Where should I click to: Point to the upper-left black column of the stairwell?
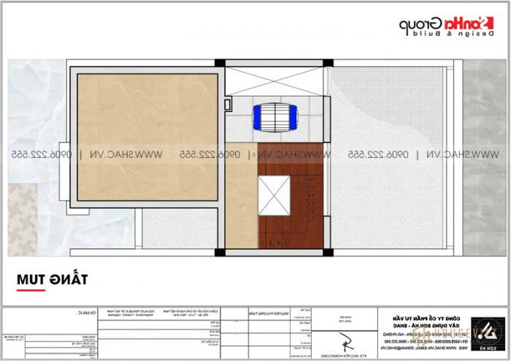(222, 63)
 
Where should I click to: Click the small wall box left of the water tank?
(230, 105)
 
